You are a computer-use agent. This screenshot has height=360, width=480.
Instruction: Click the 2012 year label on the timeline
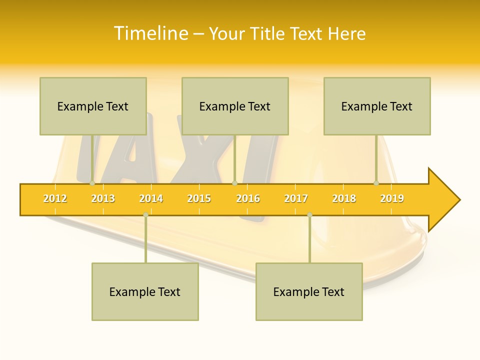point(55,198)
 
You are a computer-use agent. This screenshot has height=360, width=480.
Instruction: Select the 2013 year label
point(103,198)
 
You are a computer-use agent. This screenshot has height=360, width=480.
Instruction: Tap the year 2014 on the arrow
point(151,198)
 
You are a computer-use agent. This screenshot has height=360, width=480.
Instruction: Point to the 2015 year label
point(199,198)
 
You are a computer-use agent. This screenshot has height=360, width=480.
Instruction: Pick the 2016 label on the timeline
point(248,198)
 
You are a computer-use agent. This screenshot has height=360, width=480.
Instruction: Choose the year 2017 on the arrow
point(296,198)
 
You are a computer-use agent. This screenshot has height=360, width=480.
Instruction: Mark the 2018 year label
point(344,198)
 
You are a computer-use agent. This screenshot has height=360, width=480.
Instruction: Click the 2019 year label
point(392,198)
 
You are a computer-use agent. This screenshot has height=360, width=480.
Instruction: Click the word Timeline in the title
point(150,33)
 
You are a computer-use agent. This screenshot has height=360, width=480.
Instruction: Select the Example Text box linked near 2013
point(93,106)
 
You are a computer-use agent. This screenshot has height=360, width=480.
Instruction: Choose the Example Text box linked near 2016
point(235,106)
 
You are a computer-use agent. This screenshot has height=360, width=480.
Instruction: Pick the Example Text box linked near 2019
point(377,106)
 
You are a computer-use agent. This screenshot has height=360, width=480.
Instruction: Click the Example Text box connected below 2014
point(145,291)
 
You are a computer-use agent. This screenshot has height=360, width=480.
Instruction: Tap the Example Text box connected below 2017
point(309,291)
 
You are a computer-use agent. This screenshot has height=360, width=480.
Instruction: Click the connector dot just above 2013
point(92,183)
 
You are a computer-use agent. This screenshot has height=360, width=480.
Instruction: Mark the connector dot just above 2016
point(234,183)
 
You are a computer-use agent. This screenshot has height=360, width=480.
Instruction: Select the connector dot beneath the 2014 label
point(145,214)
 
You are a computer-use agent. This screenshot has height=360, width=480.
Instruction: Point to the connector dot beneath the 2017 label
point(309,214)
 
